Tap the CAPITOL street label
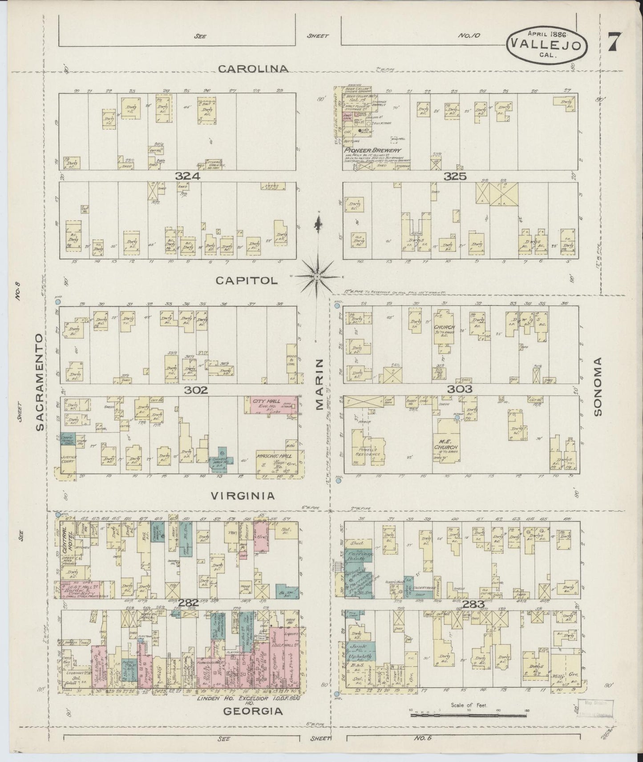[247, 281]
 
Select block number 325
[455, 176]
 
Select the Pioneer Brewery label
[373, 150]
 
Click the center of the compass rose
[317, 277]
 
